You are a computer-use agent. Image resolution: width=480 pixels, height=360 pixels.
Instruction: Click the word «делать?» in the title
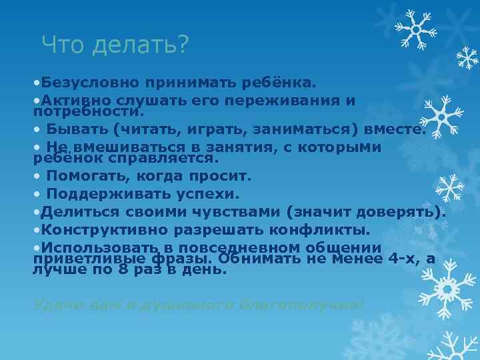coord(141,45)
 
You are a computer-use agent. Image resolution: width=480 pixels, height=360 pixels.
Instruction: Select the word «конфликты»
coord(326,230)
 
